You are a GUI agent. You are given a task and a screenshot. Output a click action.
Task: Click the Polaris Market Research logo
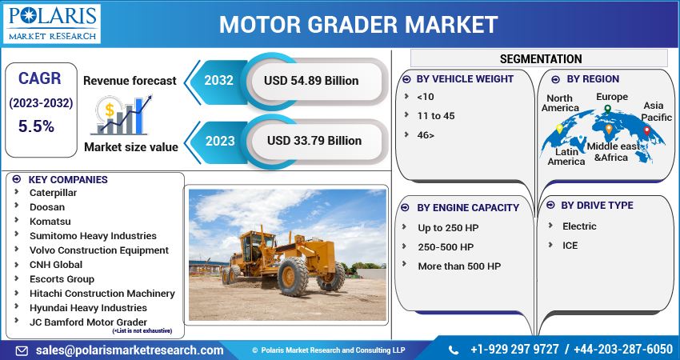click(x=52, y=23)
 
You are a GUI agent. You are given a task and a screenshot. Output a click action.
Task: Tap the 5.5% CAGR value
click(x=36, y=126)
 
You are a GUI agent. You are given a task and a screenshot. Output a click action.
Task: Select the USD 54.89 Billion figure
click(x=311, y=81)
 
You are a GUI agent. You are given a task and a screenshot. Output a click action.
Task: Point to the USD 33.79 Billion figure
click(x=314, y=141)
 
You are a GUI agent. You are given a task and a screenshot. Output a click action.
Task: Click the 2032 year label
click(x=218, y=80)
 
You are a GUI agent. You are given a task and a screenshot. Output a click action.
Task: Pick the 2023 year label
click(x=220, y=141)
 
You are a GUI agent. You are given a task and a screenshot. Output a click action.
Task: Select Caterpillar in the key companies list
click(x=53, y=193)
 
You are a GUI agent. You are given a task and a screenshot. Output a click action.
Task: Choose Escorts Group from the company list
click(x=62, y=279)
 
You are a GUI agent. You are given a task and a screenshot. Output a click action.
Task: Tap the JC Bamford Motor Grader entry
click(x=88, y=322)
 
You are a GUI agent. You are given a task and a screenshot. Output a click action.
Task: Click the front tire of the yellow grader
click(x=293, y=276)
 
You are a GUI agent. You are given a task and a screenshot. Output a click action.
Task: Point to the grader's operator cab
click(x=257, y=246)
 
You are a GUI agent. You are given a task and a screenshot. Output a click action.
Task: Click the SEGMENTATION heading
click(x=541, y=58)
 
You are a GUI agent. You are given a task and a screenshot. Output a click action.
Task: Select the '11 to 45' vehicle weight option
click(x=435, y=116)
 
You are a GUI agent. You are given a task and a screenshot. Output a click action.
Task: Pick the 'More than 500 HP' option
click(x=459, y=266)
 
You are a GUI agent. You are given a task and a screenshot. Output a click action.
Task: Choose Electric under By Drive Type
click(x=579, y=226)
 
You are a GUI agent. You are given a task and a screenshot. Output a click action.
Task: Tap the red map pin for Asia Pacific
click(x=646, y=131)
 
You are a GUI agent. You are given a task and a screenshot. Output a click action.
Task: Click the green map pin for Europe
click(x=607, y=110)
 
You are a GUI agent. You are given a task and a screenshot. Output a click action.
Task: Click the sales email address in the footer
click(x=130, y=350)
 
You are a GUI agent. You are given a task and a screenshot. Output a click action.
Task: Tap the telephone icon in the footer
click(x=453, y=350)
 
